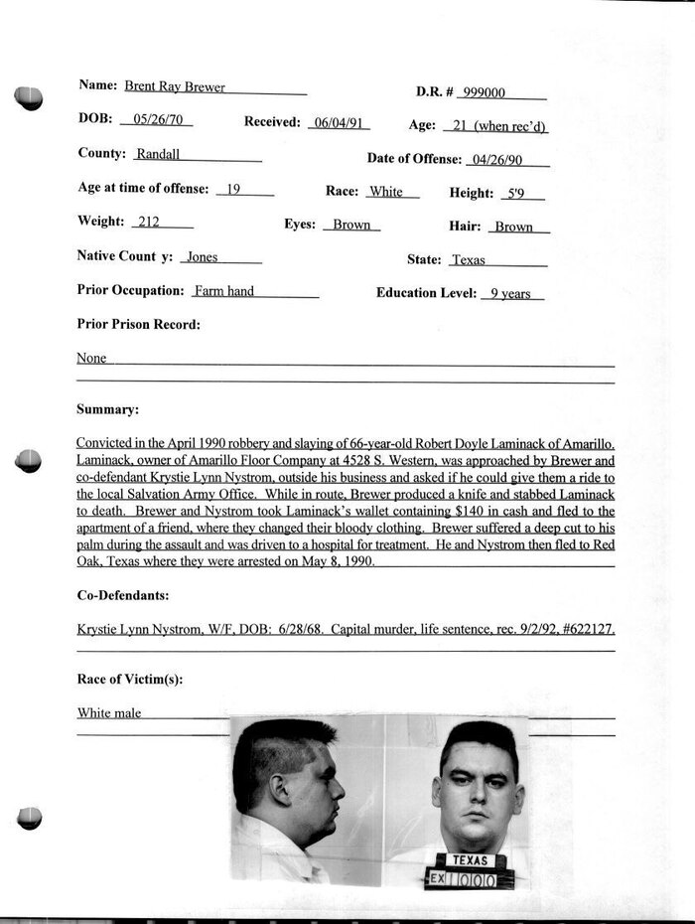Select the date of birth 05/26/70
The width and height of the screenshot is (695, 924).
coord(154,121)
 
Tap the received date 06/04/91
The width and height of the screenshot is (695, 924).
coord(338,122)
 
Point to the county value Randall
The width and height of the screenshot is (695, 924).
coord(157,155)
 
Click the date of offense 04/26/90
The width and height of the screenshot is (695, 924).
coord(496,160)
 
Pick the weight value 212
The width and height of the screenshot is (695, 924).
coord(149,223)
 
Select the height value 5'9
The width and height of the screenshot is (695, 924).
coord(514,194)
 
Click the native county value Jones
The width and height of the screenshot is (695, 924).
coord(203,257)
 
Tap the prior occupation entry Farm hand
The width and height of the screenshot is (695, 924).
coord(224,291)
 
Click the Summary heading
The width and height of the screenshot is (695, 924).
coord(107,409)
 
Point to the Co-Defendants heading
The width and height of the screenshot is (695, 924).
coord(122,595)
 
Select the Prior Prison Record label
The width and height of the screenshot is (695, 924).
coord(138,324)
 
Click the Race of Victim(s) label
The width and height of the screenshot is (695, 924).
coord(129,680)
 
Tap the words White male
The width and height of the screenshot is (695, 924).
coord(109,712)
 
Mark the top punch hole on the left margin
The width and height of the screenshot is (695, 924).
coord(29,97)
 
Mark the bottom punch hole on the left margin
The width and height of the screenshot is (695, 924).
coord(30,818)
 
